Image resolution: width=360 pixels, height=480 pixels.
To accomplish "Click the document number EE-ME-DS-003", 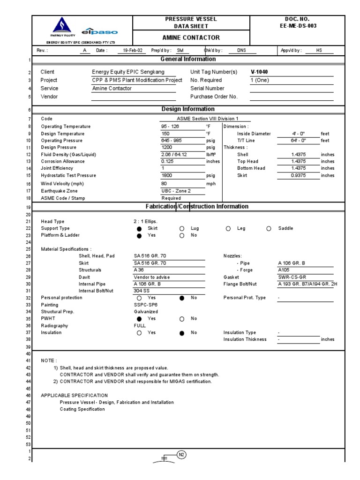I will pos(297,26).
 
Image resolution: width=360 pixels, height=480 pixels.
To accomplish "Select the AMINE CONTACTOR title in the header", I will pos(191,37).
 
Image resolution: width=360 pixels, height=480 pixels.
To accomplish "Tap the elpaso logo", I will pos(100,32).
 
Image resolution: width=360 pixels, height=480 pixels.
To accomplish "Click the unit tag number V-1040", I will pos(259,72).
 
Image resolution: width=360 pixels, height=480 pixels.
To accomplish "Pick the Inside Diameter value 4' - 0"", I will pos(298,134).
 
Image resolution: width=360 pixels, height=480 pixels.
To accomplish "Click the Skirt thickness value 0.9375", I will pos(298,175).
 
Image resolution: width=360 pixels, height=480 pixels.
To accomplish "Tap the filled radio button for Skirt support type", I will pos(139,229).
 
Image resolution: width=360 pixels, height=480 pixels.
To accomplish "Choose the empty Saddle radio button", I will pos(269,229).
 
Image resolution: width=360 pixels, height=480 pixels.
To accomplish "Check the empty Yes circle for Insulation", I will pos(139,333).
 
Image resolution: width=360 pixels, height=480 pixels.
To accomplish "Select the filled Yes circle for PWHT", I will pos(139,319).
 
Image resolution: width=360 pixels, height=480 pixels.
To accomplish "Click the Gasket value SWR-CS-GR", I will pos(292,277).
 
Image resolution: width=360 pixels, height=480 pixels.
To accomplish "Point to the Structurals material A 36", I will pos(139,270).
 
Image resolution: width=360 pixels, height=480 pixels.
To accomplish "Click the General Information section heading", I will pos(188,59).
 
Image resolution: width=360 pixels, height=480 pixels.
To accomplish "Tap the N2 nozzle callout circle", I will pos(181,454).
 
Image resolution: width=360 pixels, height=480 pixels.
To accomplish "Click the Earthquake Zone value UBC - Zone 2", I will pos(176,191).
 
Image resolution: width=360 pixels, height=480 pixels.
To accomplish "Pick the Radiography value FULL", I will pos(140,325).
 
